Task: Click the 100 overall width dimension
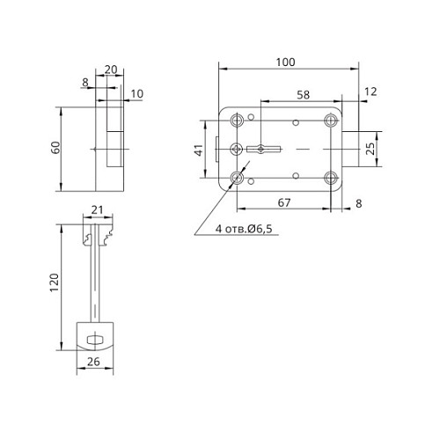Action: pyautogui.click(x=284, y=62)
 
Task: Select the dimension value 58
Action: pyautogui.click(x=302, y=93)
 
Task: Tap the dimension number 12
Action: pyautogui.click(x=369, y=92)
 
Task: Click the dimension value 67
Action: pyautogui.click(x=284, y=203)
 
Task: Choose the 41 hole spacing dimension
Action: pyautogui.click(x=200, y=150)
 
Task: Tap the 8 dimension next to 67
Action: pyautogui.click(x=360, y=203)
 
